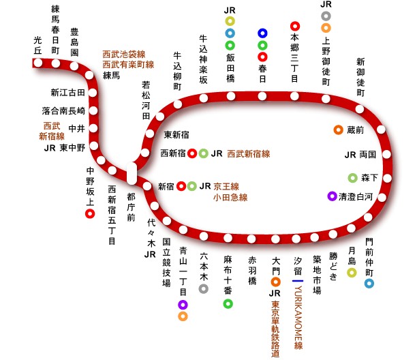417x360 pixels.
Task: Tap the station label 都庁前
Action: [131, 206]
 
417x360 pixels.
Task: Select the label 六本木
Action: [203, 267]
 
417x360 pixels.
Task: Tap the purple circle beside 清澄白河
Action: [332, 196]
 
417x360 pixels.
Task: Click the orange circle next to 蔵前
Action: [337, 130]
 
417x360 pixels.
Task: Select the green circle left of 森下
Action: [352, 178]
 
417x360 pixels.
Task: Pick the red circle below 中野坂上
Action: [89, 214]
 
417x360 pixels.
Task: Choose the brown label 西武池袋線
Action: [129, 54]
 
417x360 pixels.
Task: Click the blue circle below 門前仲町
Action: [369, 283]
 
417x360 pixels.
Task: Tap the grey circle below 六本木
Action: [203, 288]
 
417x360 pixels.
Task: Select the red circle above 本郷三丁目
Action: [294, 27]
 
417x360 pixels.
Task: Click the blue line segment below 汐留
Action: [297, 280]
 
